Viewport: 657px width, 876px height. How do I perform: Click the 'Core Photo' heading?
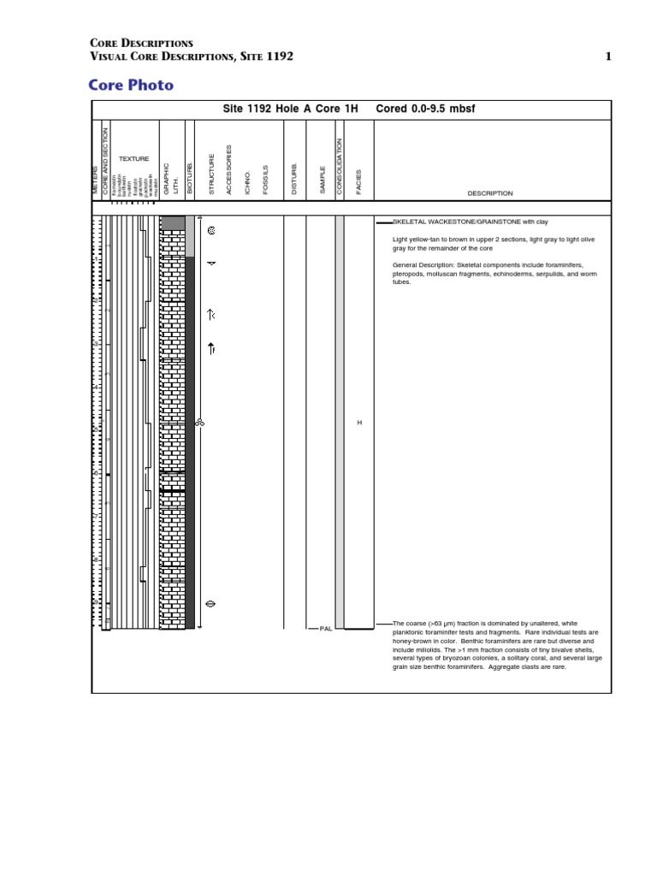tap(132, 85)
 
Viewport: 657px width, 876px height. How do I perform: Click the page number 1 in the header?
tap(608, 56)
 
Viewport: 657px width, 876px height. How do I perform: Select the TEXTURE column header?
tap(133, 159)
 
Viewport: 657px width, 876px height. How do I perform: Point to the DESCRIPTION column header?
tap(489, 193)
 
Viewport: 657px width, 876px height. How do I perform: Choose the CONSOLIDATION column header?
tap(340, 167)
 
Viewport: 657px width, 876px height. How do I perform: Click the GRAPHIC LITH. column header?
tap(171, 179)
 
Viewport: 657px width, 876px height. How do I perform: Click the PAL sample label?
tap(325, 629)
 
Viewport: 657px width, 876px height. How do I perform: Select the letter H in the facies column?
tap(359, 423)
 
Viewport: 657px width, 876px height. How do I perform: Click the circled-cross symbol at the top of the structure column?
tap(211, 230)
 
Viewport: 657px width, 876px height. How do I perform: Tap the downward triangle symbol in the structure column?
tap(211, 263)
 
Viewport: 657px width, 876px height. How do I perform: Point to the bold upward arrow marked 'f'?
tap(211, 348)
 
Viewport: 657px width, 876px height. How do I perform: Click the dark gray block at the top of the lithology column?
tap(173, 223)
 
